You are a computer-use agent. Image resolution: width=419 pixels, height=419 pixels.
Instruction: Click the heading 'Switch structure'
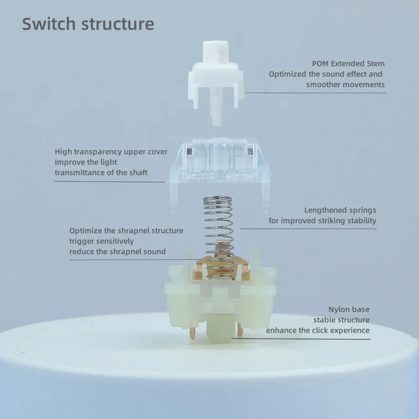tap(88, 24)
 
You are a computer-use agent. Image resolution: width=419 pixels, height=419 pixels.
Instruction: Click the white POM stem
tap(216, 80)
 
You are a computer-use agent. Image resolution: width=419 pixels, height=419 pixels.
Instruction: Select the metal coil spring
tap(219, 237)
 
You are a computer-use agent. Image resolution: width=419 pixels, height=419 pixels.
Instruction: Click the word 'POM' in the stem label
tap(321, 63)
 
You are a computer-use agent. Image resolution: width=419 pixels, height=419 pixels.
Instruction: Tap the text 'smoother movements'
tap(345, 85)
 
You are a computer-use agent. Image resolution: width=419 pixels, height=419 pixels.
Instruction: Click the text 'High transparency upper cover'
tap(111, 152)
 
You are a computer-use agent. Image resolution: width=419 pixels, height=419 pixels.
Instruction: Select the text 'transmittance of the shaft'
tap(101, 173)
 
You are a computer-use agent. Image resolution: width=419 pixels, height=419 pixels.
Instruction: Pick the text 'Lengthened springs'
tap(340, 211)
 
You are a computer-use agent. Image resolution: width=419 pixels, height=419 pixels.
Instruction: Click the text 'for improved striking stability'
tap(322, 220)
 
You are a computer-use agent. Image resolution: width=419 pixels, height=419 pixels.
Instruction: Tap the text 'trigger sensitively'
tap(102, 241)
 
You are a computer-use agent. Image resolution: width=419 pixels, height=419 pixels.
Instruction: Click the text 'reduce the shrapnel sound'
tap(117, 252)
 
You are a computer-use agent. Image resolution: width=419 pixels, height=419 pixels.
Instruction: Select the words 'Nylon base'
tap(349, 310)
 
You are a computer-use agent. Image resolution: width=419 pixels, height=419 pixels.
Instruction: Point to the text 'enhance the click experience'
tap(318, 330)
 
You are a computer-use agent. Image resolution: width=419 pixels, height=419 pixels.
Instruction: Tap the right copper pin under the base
tap(240, 330)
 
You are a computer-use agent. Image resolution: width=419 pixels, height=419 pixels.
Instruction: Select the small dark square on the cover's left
tap(189, 152)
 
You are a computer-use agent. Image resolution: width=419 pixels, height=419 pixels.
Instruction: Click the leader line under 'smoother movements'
tap(316, 93)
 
